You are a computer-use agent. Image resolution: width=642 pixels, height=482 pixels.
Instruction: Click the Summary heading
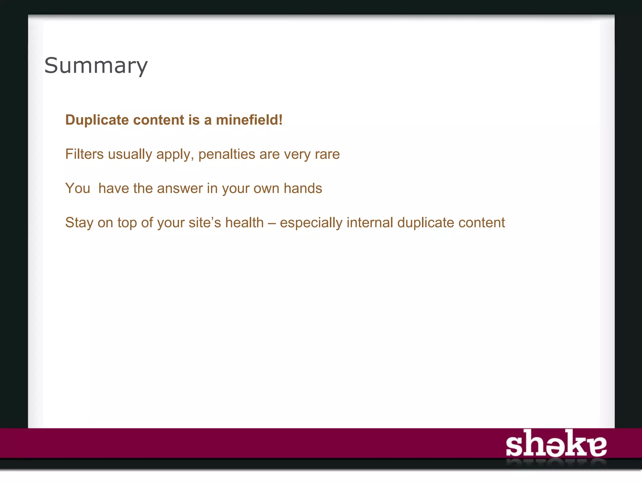[96, 66]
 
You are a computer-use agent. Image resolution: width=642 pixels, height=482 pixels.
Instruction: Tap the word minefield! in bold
[249, 120]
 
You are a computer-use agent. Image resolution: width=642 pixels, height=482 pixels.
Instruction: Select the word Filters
[84, 154]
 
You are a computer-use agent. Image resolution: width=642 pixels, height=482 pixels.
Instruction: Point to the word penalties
[227, 154]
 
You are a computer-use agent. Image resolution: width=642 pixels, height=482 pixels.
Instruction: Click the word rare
[327, 154]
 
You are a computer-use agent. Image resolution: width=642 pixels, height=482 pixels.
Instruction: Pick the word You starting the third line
[77, 189]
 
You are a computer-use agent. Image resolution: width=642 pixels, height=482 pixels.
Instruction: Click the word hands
[303, 189]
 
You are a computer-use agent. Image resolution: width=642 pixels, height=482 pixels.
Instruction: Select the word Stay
[79, 223]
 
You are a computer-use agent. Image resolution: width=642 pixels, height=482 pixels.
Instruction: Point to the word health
[245, 223]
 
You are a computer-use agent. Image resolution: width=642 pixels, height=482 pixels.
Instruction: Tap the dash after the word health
[271, 223]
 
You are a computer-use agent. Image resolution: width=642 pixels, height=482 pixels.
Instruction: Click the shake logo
[556, 444]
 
